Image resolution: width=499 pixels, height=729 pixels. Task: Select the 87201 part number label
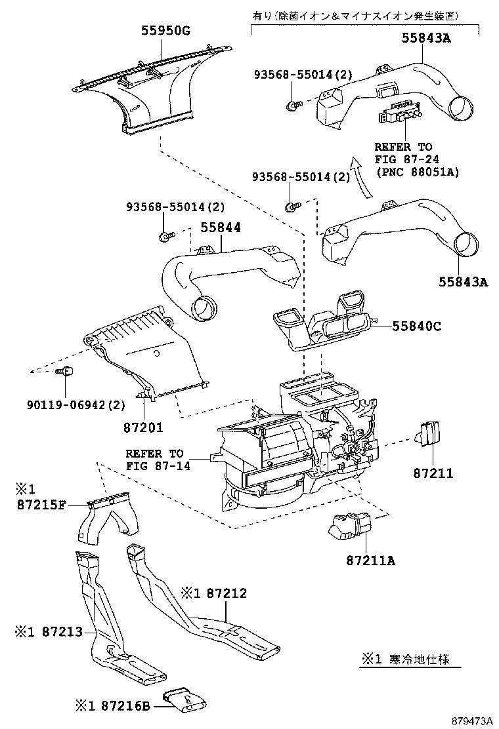click(x=142, y=427)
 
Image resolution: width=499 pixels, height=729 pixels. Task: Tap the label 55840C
click(x=417, y=326)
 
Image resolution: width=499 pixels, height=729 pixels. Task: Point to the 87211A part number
click(x=372, y=560)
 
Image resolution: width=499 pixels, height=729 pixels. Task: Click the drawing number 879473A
click(x=471, y=720)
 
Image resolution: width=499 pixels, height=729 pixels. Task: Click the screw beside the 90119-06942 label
click(x=66, y=372)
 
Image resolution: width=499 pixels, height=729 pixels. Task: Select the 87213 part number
click(x=62, y=631)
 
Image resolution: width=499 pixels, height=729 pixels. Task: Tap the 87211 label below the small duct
click(x=433, y=472)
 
